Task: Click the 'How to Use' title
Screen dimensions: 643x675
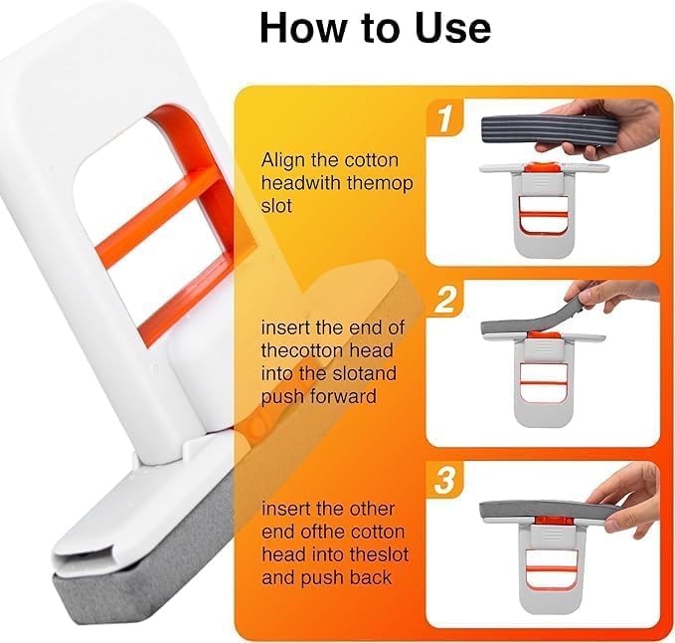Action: [375, 27]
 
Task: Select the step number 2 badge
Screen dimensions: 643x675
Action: [444, 300]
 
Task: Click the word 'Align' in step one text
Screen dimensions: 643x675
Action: [281, 159]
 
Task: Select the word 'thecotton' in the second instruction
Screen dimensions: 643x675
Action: [297, 348]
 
